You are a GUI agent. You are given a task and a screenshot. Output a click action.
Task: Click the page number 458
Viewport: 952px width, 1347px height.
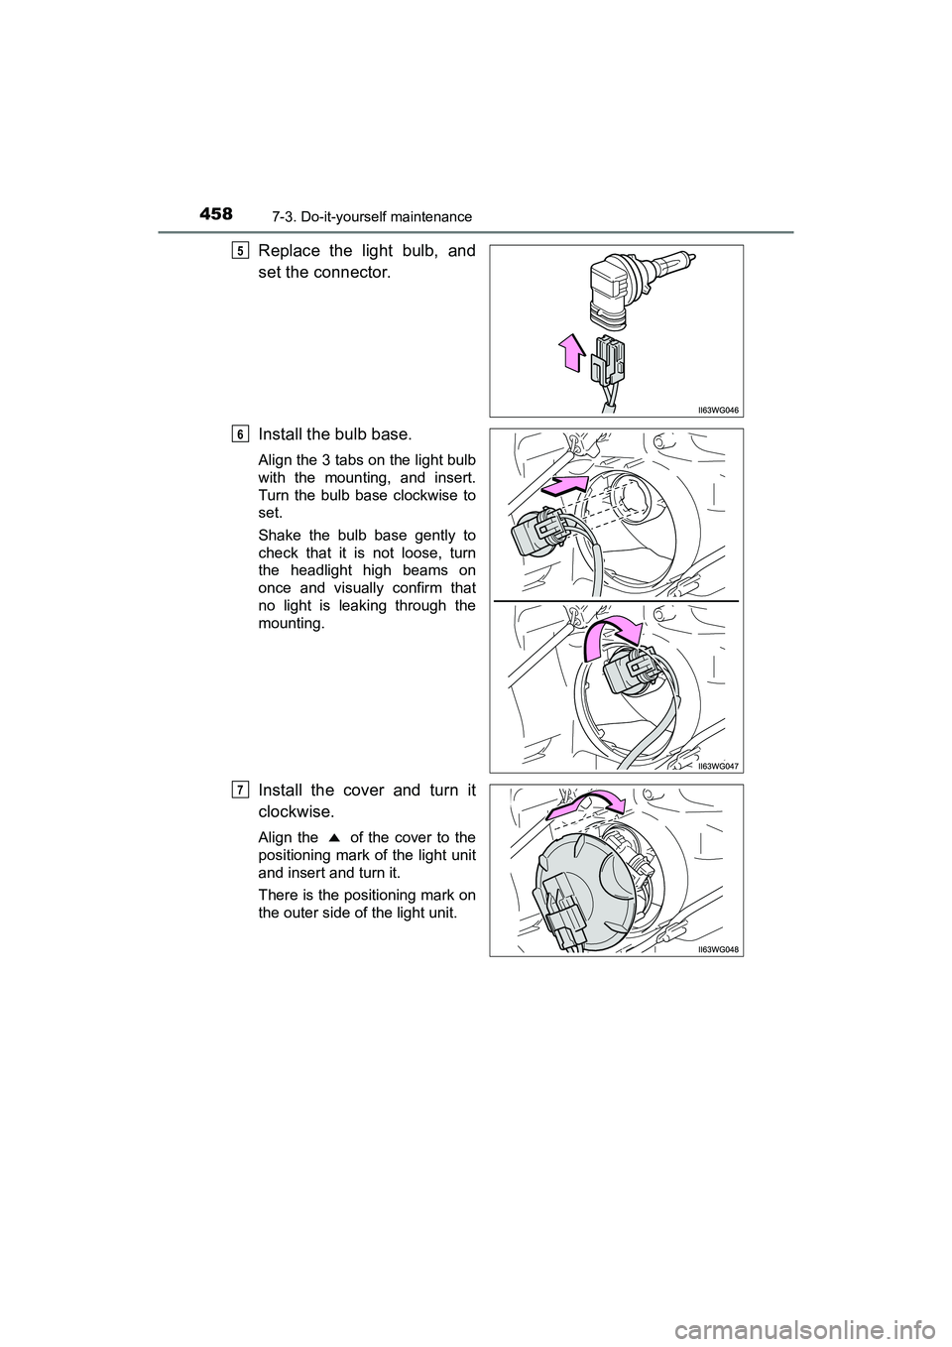pyautogui.click(x=214, y=214)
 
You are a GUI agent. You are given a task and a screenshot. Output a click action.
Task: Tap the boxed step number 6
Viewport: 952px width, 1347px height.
pyautogui.click(x=242, y=433)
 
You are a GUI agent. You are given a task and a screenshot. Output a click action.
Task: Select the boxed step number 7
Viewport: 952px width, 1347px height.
pyautogui.click(x=242, y=790)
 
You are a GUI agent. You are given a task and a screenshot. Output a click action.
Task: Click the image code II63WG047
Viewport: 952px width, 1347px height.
pyautogui.click(x=716, y=765)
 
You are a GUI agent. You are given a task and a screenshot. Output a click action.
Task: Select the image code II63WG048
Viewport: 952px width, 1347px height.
pyautogui.click(x=716, y=948)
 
